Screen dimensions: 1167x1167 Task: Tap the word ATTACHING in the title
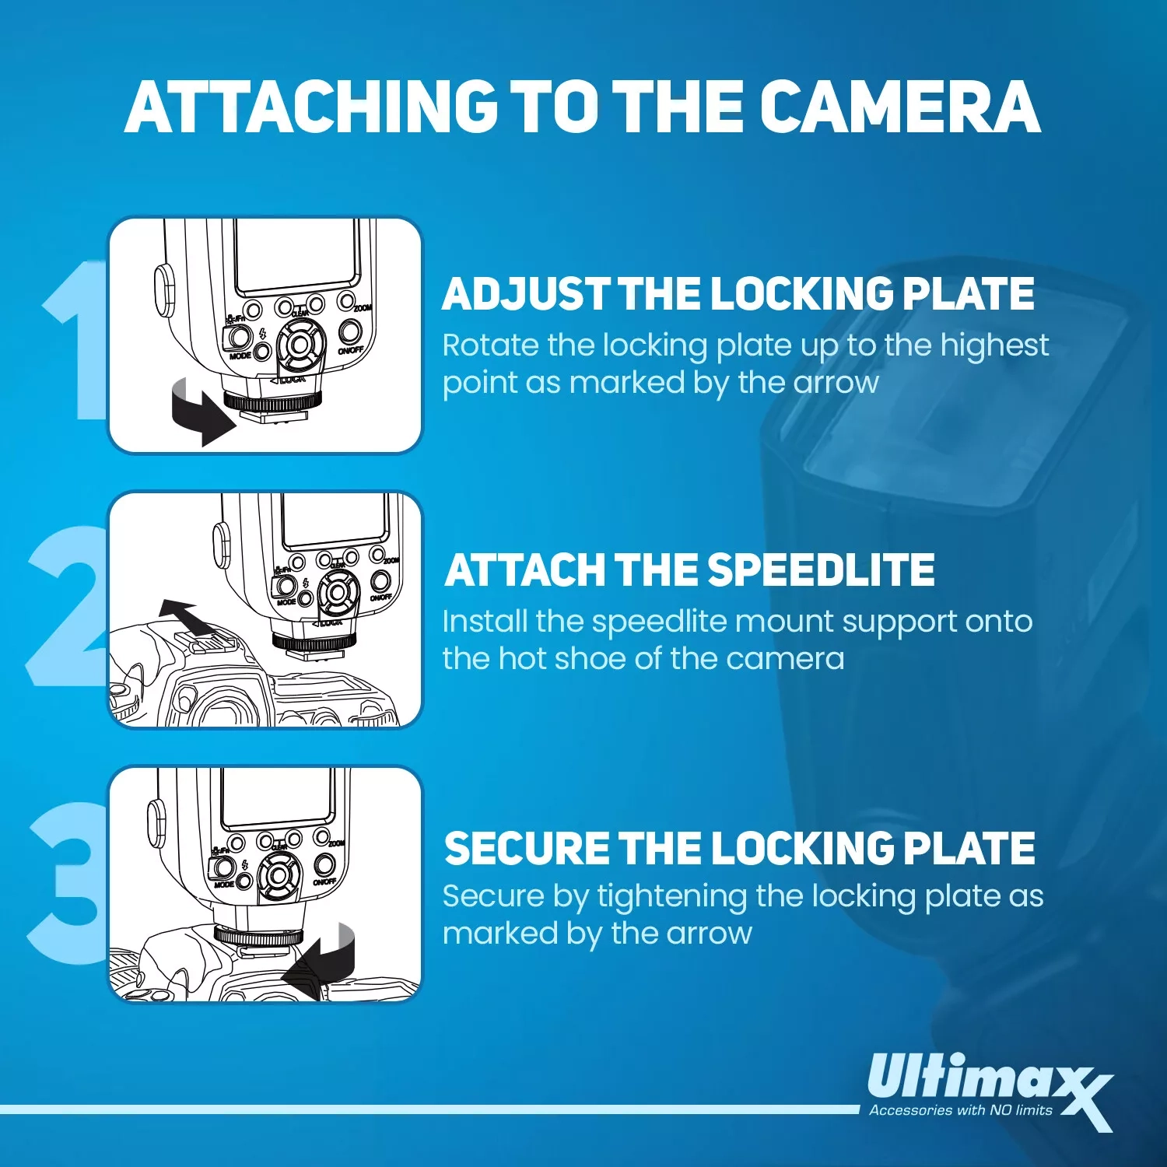pyautogui.click(x=311, y=107)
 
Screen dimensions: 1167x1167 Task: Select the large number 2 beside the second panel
pyautogui.click(x=66, y=607)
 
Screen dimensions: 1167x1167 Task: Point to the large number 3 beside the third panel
pyautogui.click(x=66, y=883)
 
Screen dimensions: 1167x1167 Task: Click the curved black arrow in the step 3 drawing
pyautogui.click(x=323, y=961)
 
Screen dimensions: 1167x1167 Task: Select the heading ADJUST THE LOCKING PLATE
pyautogui.click(x=738, y=294)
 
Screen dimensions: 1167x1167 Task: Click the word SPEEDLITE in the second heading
pyautogui.click(x=821, y=570)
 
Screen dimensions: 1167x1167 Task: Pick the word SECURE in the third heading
pyautogui.click(x=527, y=848)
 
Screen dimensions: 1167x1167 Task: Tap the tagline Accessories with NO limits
pyautogui.click(x=960, y=1110)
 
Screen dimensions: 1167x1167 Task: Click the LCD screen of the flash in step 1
pyautogui.click(x=297, y=253)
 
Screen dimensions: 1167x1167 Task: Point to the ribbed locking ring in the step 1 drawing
pyautogui.click(x=272, y=403)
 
